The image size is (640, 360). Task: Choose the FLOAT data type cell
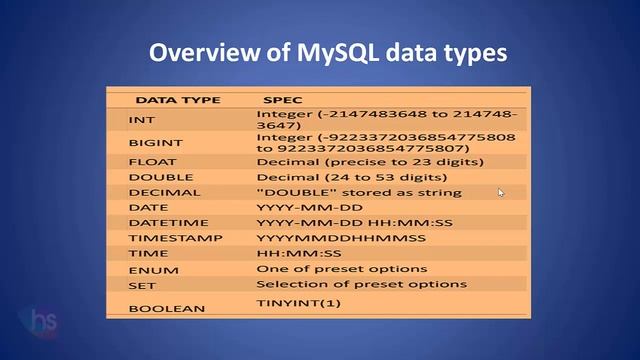point(151,161)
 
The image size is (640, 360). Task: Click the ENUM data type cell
point(148,270)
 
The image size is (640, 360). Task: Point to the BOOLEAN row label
point(160,309)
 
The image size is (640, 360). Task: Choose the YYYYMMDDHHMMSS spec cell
point(341,238)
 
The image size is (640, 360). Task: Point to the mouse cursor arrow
point(501,193)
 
